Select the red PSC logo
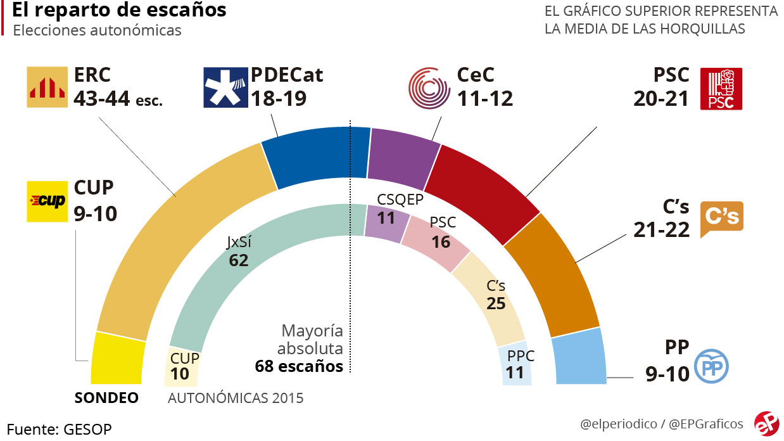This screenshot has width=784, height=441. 721,89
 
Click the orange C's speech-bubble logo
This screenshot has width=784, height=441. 721,219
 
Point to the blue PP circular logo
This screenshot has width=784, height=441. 712,367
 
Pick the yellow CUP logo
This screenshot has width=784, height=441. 47,201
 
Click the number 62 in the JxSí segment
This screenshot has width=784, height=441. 239,260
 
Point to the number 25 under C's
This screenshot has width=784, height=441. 496,303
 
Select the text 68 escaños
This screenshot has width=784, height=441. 299,366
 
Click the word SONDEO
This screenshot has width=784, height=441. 106,399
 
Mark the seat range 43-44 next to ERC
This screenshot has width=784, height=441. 101,98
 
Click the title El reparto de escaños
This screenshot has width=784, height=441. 119,11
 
